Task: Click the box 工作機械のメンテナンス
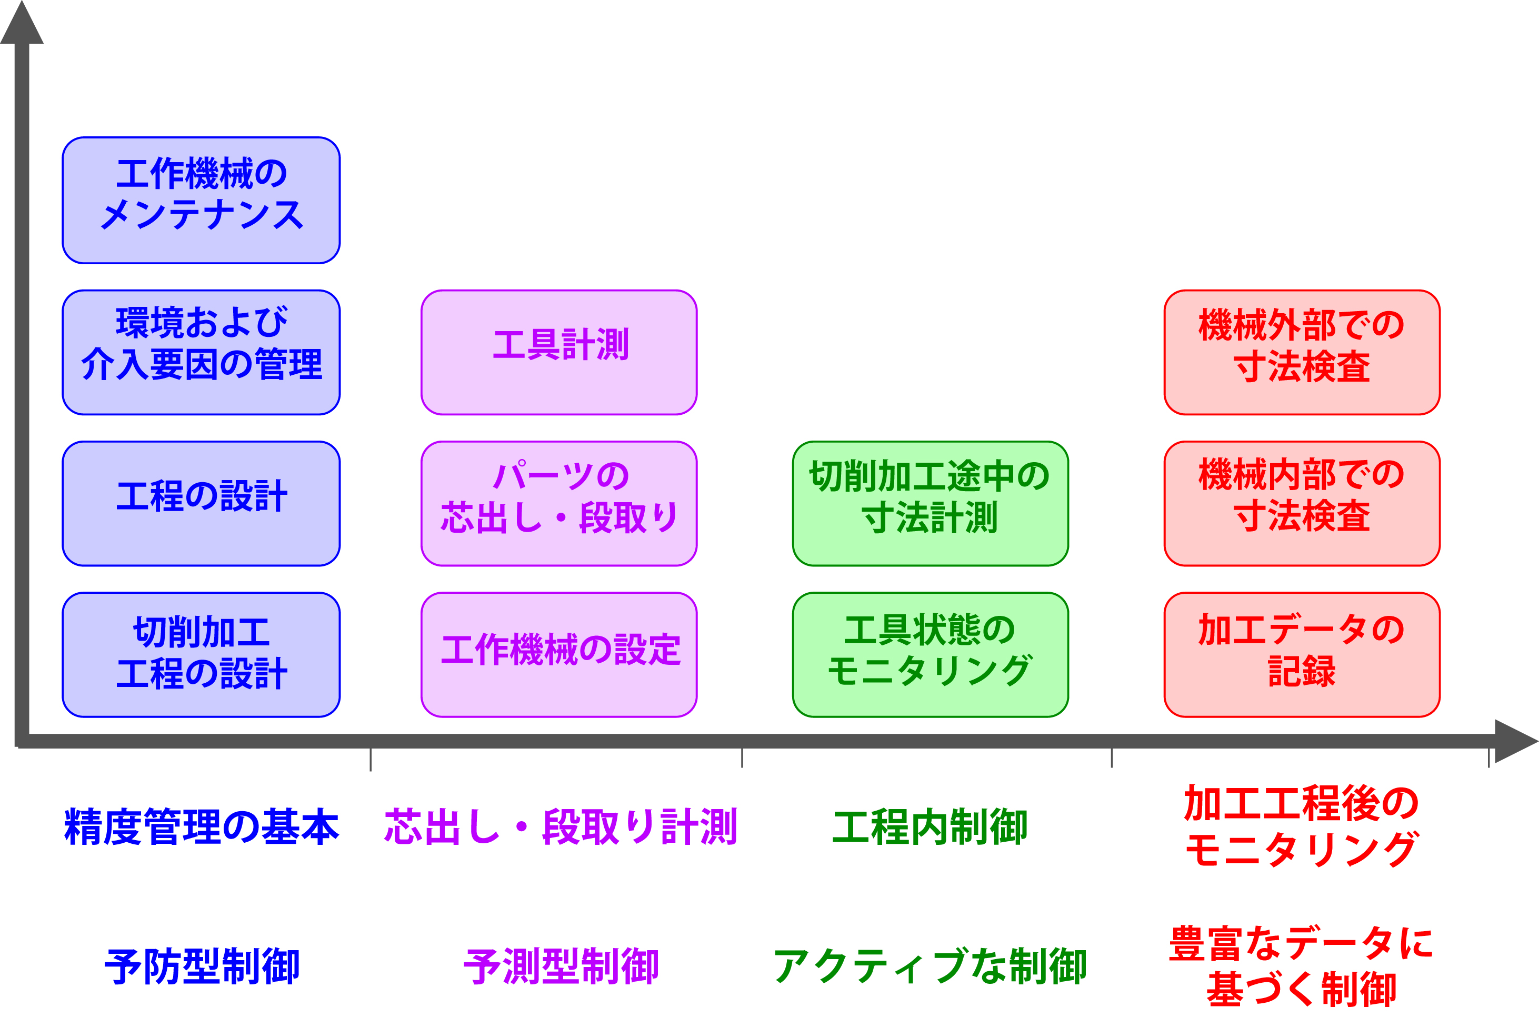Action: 201,201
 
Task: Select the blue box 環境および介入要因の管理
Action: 201,352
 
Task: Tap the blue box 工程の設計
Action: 201,503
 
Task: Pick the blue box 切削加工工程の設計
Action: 201,654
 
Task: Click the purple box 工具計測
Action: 558,352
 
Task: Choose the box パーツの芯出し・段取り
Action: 558,503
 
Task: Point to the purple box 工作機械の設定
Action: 558,654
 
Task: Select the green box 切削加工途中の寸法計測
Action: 930,503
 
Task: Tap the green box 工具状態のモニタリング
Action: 930,654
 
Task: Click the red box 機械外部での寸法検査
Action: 1301,352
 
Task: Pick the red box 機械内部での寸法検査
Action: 1301,503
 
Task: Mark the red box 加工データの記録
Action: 1301,654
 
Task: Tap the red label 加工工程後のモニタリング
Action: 1301,826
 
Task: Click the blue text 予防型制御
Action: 202,967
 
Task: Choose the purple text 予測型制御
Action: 561,967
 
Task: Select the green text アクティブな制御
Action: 930,967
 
